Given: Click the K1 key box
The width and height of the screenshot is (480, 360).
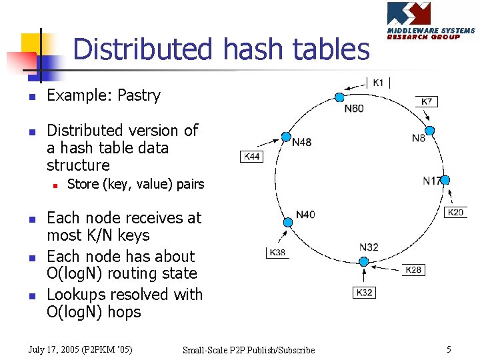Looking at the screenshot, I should tap(378, 83).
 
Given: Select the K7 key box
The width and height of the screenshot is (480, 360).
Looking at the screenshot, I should tap(427, 102).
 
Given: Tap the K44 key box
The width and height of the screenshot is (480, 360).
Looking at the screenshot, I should tap(253, 157).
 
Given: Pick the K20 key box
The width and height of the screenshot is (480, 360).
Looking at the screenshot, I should tap(456, 213).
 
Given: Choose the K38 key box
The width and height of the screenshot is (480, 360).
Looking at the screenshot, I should tap(277, 253).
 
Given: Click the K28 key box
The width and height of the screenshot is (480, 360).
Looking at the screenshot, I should tap(413, 269).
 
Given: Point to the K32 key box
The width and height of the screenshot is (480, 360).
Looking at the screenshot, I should tap(364, 293).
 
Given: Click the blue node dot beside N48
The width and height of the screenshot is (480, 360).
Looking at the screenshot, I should tap(286, 136).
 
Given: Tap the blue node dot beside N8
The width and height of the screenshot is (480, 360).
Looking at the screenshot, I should tap(430, 130).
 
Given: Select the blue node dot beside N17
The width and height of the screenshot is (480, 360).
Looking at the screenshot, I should tap(445, 180).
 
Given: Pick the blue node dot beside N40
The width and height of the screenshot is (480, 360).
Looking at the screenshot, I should tap(288, 222).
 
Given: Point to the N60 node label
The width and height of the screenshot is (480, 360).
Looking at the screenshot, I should tap(354, 108).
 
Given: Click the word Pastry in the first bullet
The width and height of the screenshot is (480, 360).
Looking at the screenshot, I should tap(139, 95).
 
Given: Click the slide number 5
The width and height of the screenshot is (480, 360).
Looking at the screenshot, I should tap(449, 349).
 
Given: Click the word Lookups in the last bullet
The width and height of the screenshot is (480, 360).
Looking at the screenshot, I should tap(75, 295).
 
